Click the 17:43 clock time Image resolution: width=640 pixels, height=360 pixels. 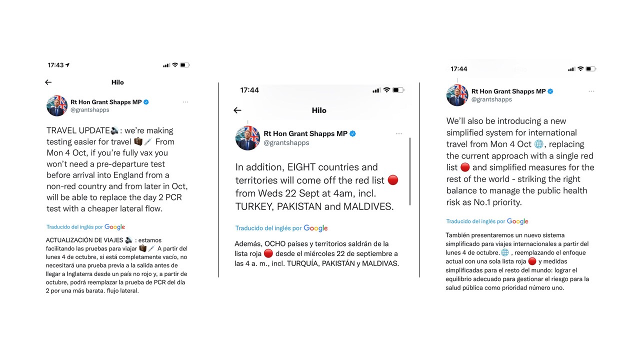[55, 65]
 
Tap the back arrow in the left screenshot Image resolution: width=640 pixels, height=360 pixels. [48, 82]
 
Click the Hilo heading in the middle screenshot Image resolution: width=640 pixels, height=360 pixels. [319, 110]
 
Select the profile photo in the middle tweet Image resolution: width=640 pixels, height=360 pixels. [247, 138]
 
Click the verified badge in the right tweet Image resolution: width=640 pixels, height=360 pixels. [550, 91]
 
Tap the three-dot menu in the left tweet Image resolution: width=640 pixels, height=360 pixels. [185, 102]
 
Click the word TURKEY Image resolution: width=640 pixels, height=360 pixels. [258, 206]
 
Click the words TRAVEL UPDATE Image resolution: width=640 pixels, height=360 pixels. [78, 130]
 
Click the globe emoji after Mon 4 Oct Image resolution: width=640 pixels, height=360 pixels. [538, 144]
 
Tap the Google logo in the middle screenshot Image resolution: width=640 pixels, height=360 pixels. [315, 228]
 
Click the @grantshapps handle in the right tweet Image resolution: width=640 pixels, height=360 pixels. [491, 99]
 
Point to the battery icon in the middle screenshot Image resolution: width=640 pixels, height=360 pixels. [398, 90]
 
